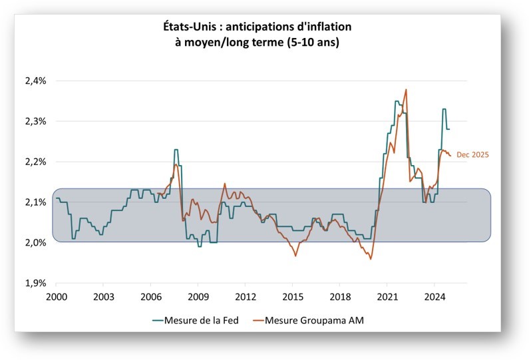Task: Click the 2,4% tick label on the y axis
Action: coord(35,81)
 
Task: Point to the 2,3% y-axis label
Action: coord(35,122)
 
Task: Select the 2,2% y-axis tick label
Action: coord(35,162)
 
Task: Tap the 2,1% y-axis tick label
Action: coord(35,202)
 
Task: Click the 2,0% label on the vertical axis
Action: coord(35,243)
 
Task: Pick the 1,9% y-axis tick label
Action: coord(35,283)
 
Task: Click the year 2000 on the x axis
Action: coord(57,296)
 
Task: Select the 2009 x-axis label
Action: coord(198,296)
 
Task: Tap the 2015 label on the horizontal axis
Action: coord(293,296)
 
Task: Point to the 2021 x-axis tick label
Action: coord(387,296)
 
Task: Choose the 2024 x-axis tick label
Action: coord(435,296)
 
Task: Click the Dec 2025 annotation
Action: coord(472,155)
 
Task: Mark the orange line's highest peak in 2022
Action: coord(406,89)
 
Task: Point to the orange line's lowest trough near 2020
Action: coord(371,259)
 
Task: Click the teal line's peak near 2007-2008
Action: coord(176,150)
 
